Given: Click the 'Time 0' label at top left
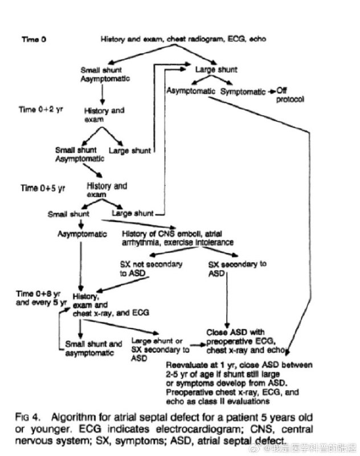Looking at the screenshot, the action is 34,39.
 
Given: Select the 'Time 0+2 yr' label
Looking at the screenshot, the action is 40,109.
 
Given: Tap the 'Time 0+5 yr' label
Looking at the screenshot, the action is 43,188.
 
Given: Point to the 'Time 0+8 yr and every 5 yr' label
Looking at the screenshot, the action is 41,298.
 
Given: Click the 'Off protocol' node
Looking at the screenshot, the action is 290,95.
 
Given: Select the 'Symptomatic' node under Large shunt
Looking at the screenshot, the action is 243,92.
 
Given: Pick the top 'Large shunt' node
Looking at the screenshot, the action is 216,70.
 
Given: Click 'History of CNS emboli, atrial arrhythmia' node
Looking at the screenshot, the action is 177,238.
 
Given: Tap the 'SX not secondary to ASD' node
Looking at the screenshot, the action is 151,268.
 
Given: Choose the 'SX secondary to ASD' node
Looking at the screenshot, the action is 237,268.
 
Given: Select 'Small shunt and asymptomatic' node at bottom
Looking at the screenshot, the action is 93,348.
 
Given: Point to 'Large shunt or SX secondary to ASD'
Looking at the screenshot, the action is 160,349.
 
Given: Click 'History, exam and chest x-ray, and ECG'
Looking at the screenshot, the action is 111,305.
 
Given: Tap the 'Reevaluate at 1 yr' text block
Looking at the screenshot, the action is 239,383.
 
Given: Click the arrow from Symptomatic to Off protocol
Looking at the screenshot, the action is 271,92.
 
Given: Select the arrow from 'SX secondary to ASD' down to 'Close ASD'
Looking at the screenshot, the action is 227,300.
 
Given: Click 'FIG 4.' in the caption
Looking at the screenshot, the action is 27,417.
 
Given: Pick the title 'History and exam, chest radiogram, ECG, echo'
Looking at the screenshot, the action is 183,39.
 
